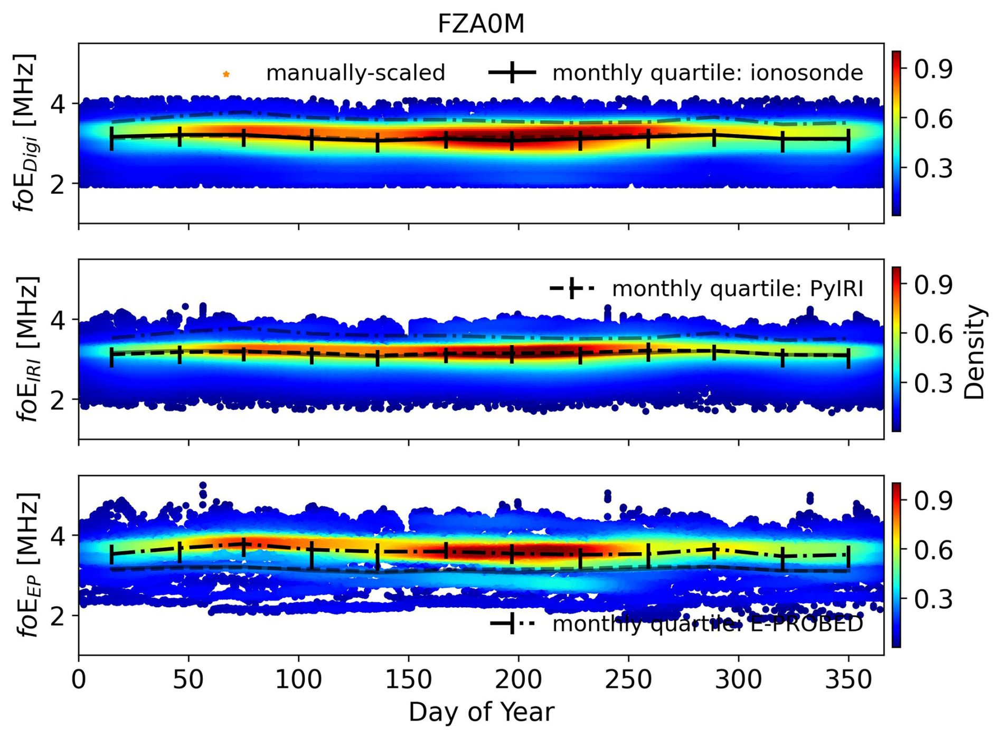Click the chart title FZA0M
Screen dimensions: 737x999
481,24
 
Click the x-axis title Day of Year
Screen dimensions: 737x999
481,712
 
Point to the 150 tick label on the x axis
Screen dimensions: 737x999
408,679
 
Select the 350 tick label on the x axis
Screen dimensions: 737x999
848,679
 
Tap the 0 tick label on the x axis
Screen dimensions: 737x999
79,679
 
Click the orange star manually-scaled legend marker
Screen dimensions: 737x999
226,74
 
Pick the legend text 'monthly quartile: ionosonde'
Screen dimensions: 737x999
708,73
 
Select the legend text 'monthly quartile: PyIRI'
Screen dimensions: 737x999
737,289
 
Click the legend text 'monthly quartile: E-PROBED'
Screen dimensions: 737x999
708,624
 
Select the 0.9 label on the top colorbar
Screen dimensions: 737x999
933,69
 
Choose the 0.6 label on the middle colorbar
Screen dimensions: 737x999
933,334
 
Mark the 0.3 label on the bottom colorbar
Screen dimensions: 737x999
933,599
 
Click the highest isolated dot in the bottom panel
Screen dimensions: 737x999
203,485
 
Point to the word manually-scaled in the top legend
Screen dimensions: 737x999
355,73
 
